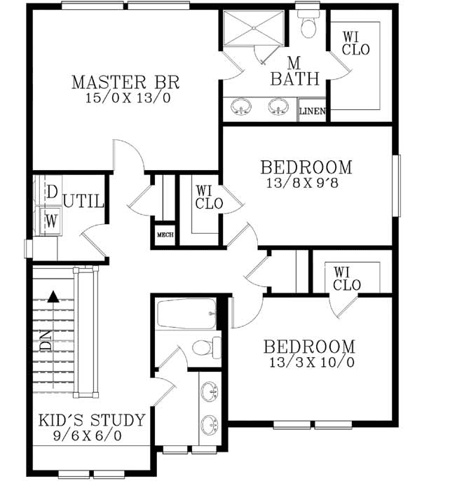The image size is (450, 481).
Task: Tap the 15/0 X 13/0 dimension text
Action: [x=121, y=97]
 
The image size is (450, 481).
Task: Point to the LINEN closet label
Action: [x=312, y=111]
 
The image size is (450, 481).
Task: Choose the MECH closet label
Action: [x=165, y=235]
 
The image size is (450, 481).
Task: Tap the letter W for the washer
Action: [x=51, y=220]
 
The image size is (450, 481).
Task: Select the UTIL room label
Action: [x=84, y=202]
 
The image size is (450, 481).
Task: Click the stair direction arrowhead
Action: [x=53, y=296]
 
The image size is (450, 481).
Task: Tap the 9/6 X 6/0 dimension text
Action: [x=91, y=435]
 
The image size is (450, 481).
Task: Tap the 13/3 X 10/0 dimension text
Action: [x=309, y=362]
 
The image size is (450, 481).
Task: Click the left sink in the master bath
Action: [x=242, y=107]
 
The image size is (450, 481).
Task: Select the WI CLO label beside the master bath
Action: [x=355, y=43]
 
